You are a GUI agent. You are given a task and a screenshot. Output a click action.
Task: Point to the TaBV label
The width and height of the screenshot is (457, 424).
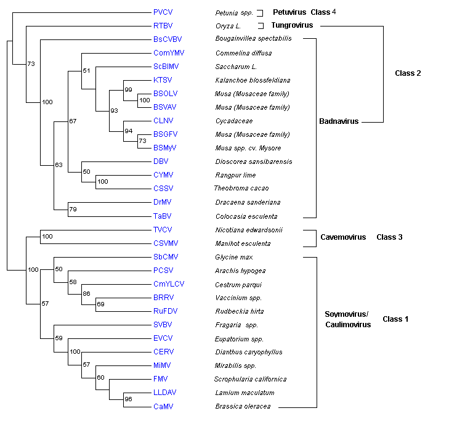tap(161, 216)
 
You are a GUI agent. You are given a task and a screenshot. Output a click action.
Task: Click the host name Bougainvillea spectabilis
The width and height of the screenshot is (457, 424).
tap(253, 39)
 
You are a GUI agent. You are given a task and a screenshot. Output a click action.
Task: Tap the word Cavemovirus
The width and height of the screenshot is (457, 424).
tap(343, 237)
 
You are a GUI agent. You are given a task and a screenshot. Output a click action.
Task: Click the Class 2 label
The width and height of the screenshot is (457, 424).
tap(408, 73)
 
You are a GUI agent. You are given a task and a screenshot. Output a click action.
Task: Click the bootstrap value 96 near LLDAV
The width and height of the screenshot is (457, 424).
tap(128, 399)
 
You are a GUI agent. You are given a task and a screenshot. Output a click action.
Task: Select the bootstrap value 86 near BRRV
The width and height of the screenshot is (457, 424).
tap(87, 294)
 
